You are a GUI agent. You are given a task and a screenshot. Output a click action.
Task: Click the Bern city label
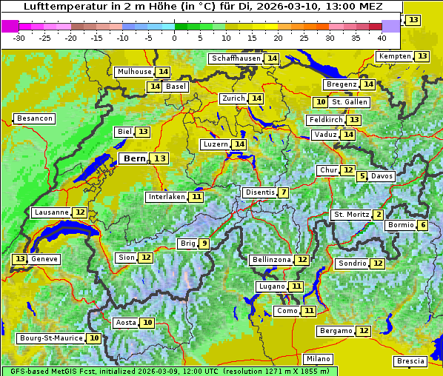(135, 158)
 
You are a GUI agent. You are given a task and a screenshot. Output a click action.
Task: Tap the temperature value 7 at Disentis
(284, 192)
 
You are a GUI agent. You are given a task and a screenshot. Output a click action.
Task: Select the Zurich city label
(233, 98)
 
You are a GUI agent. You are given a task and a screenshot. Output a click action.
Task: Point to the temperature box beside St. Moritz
(379, 215)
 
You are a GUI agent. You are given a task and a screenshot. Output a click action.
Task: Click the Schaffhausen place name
(236, 58)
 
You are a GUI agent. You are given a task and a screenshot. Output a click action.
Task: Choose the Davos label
(382, 176)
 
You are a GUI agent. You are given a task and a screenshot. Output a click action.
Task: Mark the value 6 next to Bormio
(422, 225)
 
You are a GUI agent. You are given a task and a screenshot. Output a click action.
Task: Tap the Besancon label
(35, 118)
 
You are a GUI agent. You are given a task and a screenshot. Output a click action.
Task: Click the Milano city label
(319, 358)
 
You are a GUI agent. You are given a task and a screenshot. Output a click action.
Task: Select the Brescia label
(410, 361)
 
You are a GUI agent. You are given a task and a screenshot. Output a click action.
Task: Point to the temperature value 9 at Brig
(204, 244)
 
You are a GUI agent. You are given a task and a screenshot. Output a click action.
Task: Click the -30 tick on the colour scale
(19, 37)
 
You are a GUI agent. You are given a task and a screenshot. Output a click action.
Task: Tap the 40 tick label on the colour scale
(382, 37)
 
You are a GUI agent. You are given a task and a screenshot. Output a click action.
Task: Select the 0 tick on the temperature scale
(175, 37)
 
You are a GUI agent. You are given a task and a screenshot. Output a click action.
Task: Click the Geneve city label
(44, 259)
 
